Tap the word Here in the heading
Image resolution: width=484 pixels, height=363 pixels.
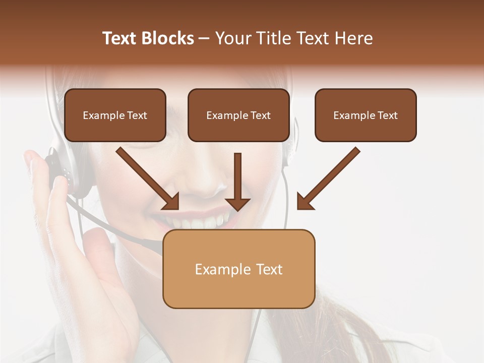point(354,38)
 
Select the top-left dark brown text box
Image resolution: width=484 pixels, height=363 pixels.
point(115,115)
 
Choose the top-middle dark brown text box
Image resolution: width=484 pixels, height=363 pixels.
point(238,115)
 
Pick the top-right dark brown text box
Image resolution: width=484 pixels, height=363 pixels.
point(366,115)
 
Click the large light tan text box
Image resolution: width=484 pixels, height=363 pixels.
point(238,269)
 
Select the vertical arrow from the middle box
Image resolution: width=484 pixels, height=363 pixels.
point(237,181)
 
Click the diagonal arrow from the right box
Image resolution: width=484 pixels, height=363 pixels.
point(328,179)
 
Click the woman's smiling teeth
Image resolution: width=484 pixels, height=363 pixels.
point(202,221)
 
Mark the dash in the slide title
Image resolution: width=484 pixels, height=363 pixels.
point(204,39)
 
